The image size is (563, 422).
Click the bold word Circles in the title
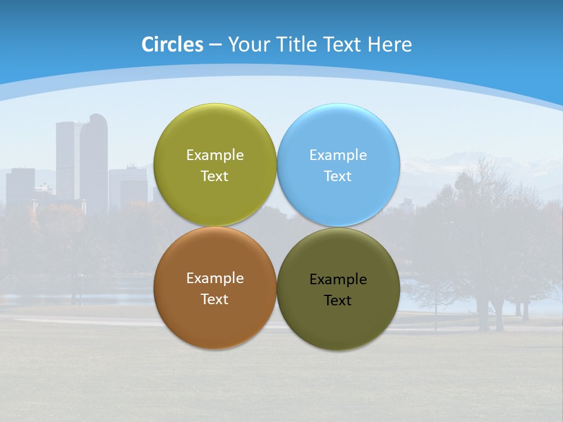pos(172,45)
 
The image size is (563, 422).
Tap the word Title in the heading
pos(296,45)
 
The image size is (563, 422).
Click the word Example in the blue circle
pos(338,155)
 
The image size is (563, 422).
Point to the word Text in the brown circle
pos(215,300)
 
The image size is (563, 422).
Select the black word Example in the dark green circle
pos(338,280)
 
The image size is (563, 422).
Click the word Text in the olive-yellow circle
pos(215,176)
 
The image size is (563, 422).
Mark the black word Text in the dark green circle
pos(338,301)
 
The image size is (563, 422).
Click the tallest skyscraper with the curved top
pos(94,158)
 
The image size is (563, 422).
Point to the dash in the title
pos(215,45)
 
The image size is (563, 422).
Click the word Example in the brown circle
pos(215,278)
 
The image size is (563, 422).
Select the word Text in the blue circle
pos(338,176)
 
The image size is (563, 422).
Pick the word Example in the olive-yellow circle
pos(215,155)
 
